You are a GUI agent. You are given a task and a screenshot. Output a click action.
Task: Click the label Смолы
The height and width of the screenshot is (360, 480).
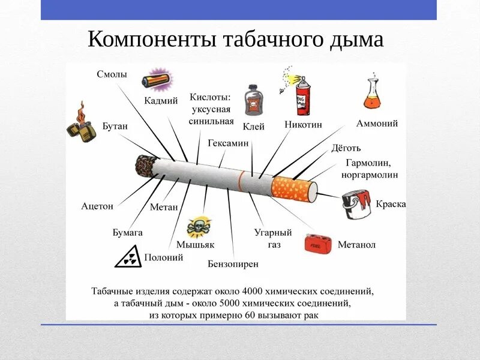(x=112, y=74)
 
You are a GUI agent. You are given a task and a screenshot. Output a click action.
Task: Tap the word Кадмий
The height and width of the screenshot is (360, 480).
(x=161, y=101)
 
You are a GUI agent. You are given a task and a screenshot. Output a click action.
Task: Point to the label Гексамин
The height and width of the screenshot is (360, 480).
(x=228, y=143)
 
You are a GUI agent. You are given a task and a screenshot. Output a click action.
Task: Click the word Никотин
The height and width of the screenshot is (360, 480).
(x=304, y=125)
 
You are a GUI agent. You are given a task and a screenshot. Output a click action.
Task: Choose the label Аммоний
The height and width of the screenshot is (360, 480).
(x=377, y=124)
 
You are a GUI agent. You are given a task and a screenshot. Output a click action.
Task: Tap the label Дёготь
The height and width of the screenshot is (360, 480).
(x=346, y=148)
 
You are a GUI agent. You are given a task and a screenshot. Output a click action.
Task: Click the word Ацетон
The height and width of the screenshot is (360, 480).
(x=97, y=206)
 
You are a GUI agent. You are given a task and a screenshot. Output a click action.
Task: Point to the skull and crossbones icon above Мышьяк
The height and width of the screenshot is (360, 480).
(x=199, y=227)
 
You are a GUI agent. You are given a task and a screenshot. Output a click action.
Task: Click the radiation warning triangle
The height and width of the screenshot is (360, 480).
(x=128, y=258)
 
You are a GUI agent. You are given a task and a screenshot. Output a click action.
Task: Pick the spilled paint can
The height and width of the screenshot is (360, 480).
(x=356, y=205)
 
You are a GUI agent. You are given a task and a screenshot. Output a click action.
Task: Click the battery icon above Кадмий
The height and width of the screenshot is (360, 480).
(x=156, y=80)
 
